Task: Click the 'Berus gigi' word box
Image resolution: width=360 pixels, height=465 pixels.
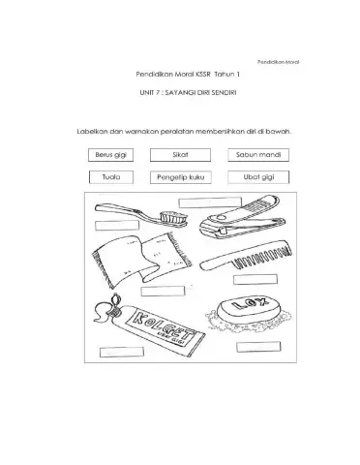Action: (x=110, y=155)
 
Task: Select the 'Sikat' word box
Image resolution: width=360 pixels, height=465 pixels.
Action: (x=180, y=155)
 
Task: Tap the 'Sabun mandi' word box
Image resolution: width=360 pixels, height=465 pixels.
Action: (x=258, y=155)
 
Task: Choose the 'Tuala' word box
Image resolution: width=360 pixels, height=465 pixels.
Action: (x=111, y=177)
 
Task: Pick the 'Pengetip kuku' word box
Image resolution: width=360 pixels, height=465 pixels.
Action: (x=181, y=177)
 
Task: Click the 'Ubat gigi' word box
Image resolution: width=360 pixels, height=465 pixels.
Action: (x=258, y=177)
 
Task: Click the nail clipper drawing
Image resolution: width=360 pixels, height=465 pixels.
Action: (x=243, y=217)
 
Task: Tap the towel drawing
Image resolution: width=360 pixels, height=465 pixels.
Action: (x=142, y=260)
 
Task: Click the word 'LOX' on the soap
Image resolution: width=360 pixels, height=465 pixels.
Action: (x=250, y=304)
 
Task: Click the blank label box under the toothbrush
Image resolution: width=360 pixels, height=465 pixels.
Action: (x=117, y=226)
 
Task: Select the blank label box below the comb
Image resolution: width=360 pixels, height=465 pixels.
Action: (x=255, y=280)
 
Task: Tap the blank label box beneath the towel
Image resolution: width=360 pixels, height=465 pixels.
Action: (x=163, y=292)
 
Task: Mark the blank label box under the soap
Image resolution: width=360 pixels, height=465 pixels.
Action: (x=258, y=347)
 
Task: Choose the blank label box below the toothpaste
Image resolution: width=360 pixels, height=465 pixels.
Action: (x=122, y=352)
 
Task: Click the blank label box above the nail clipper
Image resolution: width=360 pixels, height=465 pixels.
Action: (x=210, y=202)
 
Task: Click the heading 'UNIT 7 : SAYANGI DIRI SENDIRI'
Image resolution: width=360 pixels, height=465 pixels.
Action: (x=188, y=93)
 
